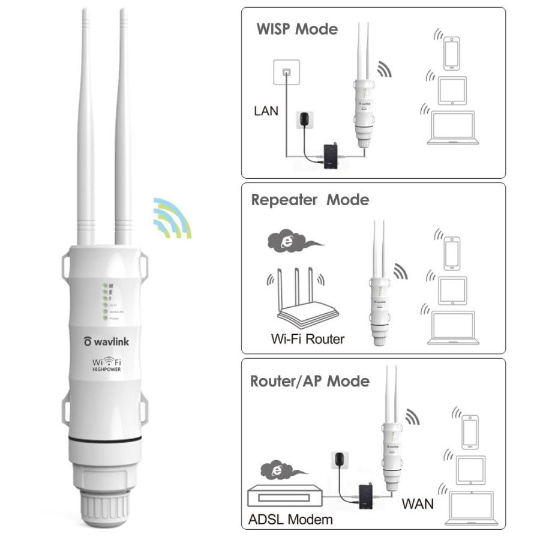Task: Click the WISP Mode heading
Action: (297, 29)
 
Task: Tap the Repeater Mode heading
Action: (310, 200)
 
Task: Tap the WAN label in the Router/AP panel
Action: (418, 504)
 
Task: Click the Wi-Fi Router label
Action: (308, 339)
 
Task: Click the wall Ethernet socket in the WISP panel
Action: (286, 72)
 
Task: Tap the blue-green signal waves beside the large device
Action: (172, 217)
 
